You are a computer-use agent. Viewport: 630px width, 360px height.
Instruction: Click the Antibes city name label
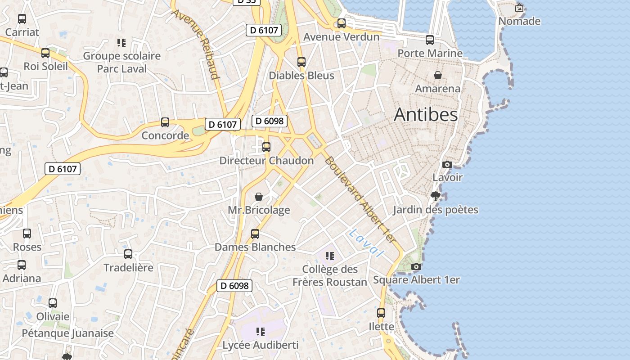(426, 114)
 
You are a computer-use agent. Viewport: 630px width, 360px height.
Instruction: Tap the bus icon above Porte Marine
(430, 40)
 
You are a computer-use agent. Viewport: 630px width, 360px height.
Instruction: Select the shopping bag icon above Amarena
(437, 75)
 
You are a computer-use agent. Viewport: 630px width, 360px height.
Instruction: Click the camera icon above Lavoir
(447, 164)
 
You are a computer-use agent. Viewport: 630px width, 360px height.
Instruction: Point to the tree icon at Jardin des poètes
(435, 196)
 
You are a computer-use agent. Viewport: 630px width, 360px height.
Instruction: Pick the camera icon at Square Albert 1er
(416, 266)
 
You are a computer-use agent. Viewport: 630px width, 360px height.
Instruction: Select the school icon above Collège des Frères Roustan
(330, 256)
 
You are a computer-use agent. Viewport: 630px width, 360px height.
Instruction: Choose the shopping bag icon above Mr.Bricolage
(259, 197)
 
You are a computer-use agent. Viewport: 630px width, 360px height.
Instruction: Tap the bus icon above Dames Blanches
(255, 234)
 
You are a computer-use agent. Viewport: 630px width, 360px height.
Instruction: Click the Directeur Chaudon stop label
(266, 161)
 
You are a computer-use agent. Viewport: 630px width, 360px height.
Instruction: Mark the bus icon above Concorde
(165, 122)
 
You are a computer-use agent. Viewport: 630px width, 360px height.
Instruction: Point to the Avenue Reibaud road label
(196, 44)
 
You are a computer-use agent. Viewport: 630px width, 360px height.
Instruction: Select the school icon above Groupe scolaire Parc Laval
(121, 43)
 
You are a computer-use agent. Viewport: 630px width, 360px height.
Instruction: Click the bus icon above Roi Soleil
(45, 53)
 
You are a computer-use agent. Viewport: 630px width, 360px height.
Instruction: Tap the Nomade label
(519, 21)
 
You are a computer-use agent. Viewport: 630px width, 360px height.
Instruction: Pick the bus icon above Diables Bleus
(301, 62)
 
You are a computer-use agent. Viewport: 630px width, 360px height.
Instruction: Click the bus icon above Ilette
(381, 313)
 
